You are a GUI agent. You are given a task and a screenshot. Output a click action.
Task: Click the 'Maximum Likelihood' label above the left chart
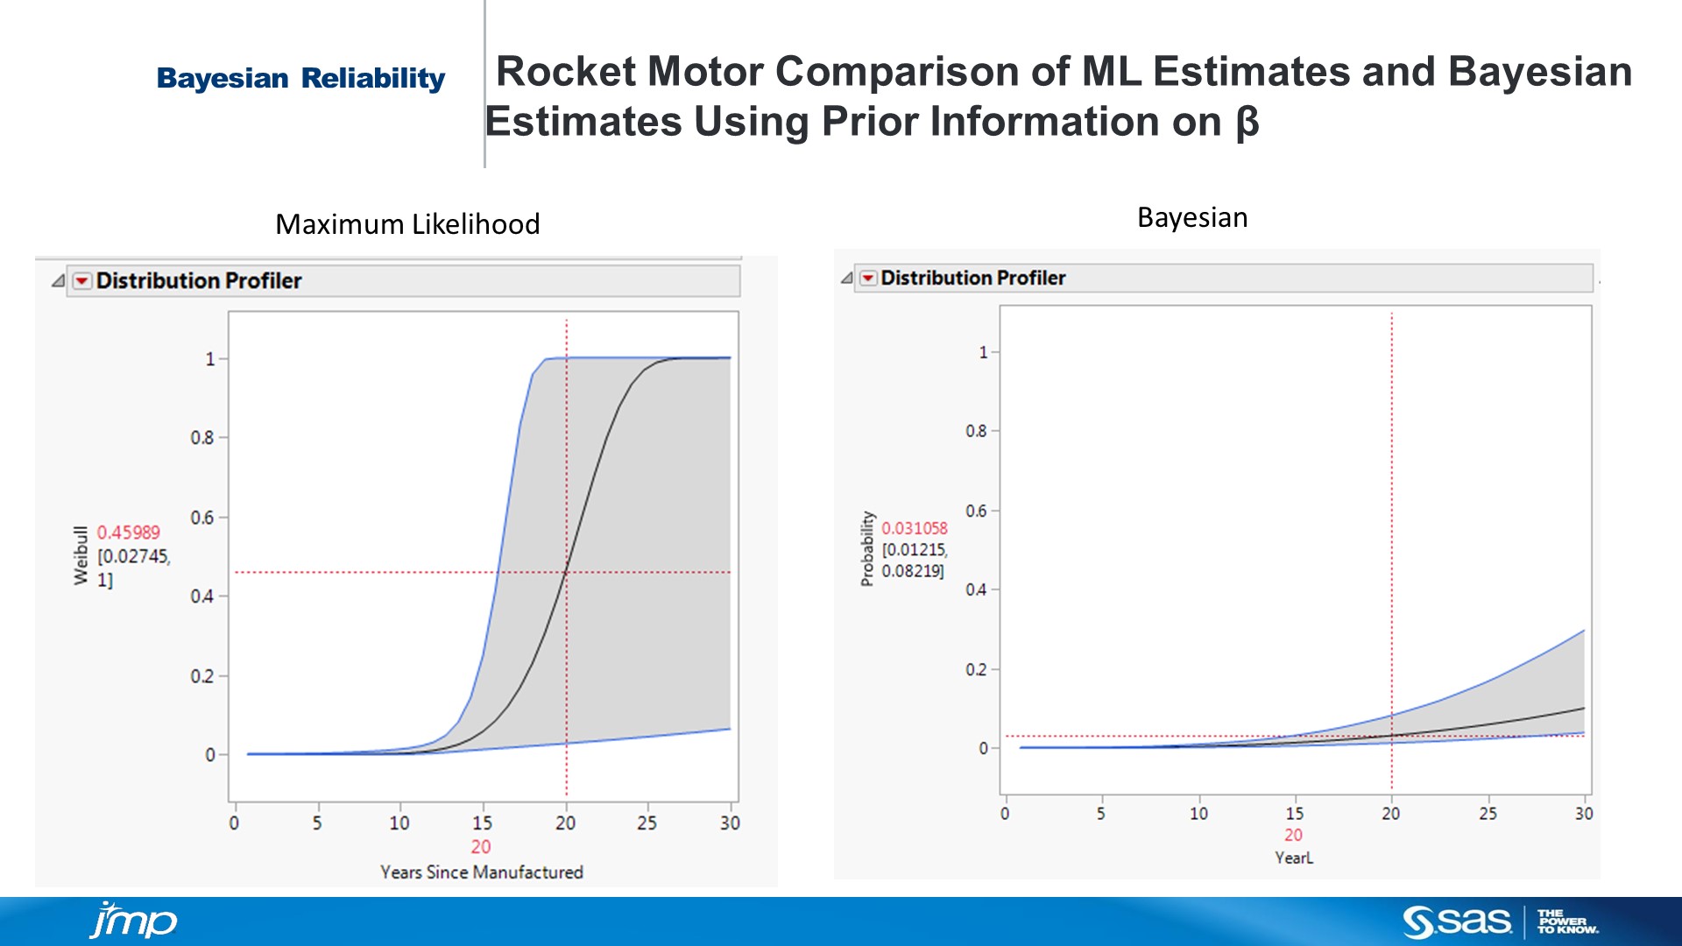pyautogui.click(x=407, y=224)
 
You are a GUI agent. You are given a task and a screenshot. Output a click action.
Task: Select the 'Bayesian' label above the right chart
pyautogui.click(x=1191, y=217)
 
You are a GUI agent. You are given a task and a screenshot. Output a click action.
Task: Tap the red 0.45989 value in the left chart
pyautogui.click(x=128, y=533)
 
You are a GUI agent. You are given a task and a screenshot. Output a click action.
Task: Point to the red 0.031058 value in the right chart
pyautogui.click(x=914, y=528)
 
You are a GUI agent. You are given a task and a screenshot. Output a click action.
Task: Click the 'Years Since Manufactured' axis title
pyautogui.click(x=481, y=872)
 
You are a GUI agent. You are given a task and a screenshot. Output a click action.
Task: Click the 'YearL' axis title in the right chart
pyautogui.click(x=1293, y=858)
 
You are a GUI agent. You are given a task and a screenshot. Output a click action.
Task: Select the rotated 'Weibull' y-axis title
pyautogui.click(x=81, y=555)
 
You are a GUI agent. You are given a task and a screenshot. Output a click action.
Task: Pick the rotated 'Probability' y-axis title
pyautogui.click(x=867, y=548)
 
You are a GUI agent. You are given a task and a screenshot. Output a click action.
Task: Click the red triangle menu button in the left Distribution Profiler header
pyautogui.click(x=81, y=281)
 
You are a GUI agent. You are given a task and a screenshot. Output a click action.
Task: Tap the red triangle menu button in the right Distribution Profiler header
pyautogui.click(x=867, y=279)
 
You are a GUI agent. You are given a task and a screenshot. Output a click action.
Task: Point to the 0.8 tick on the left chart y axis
pyautogui.click(x=202, y=437)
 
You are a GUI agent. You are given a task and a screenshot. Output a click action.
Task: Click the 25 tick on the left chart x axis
pyautogui.click(x=647, y=823)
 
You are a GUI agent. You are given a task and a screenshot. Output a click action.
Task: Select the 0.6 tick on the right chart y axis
pyautogui.click(x=976, y=511)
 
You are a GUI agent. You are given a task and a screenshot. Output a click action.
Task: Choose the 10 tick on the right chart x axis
pyautogui.click(x=1198, y=814)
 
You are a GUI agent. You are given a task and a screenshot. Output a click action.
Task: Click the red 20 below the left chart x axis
pyautogui.click(x=480, y=847)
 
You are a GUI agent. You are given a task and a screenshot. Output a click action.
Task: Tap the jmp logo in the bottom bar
pyautogui.click(x=133, y=921)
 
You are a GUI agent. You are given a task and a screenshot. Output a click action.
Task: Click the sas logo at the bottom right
pyautogui.click(x=1457, y=921)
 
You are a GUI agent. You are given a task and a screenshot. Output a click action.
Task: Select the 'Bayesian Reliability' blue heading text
pyautogui.click(x=300, y=79)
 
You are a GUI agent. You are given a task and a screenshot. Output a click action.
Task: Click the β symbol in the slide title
pyautogui.click(x=1247, y=122)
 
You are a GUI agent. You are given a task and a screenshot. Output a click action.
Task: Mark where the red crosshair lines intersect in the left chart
pyautogui.click(x=566, y=572)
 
